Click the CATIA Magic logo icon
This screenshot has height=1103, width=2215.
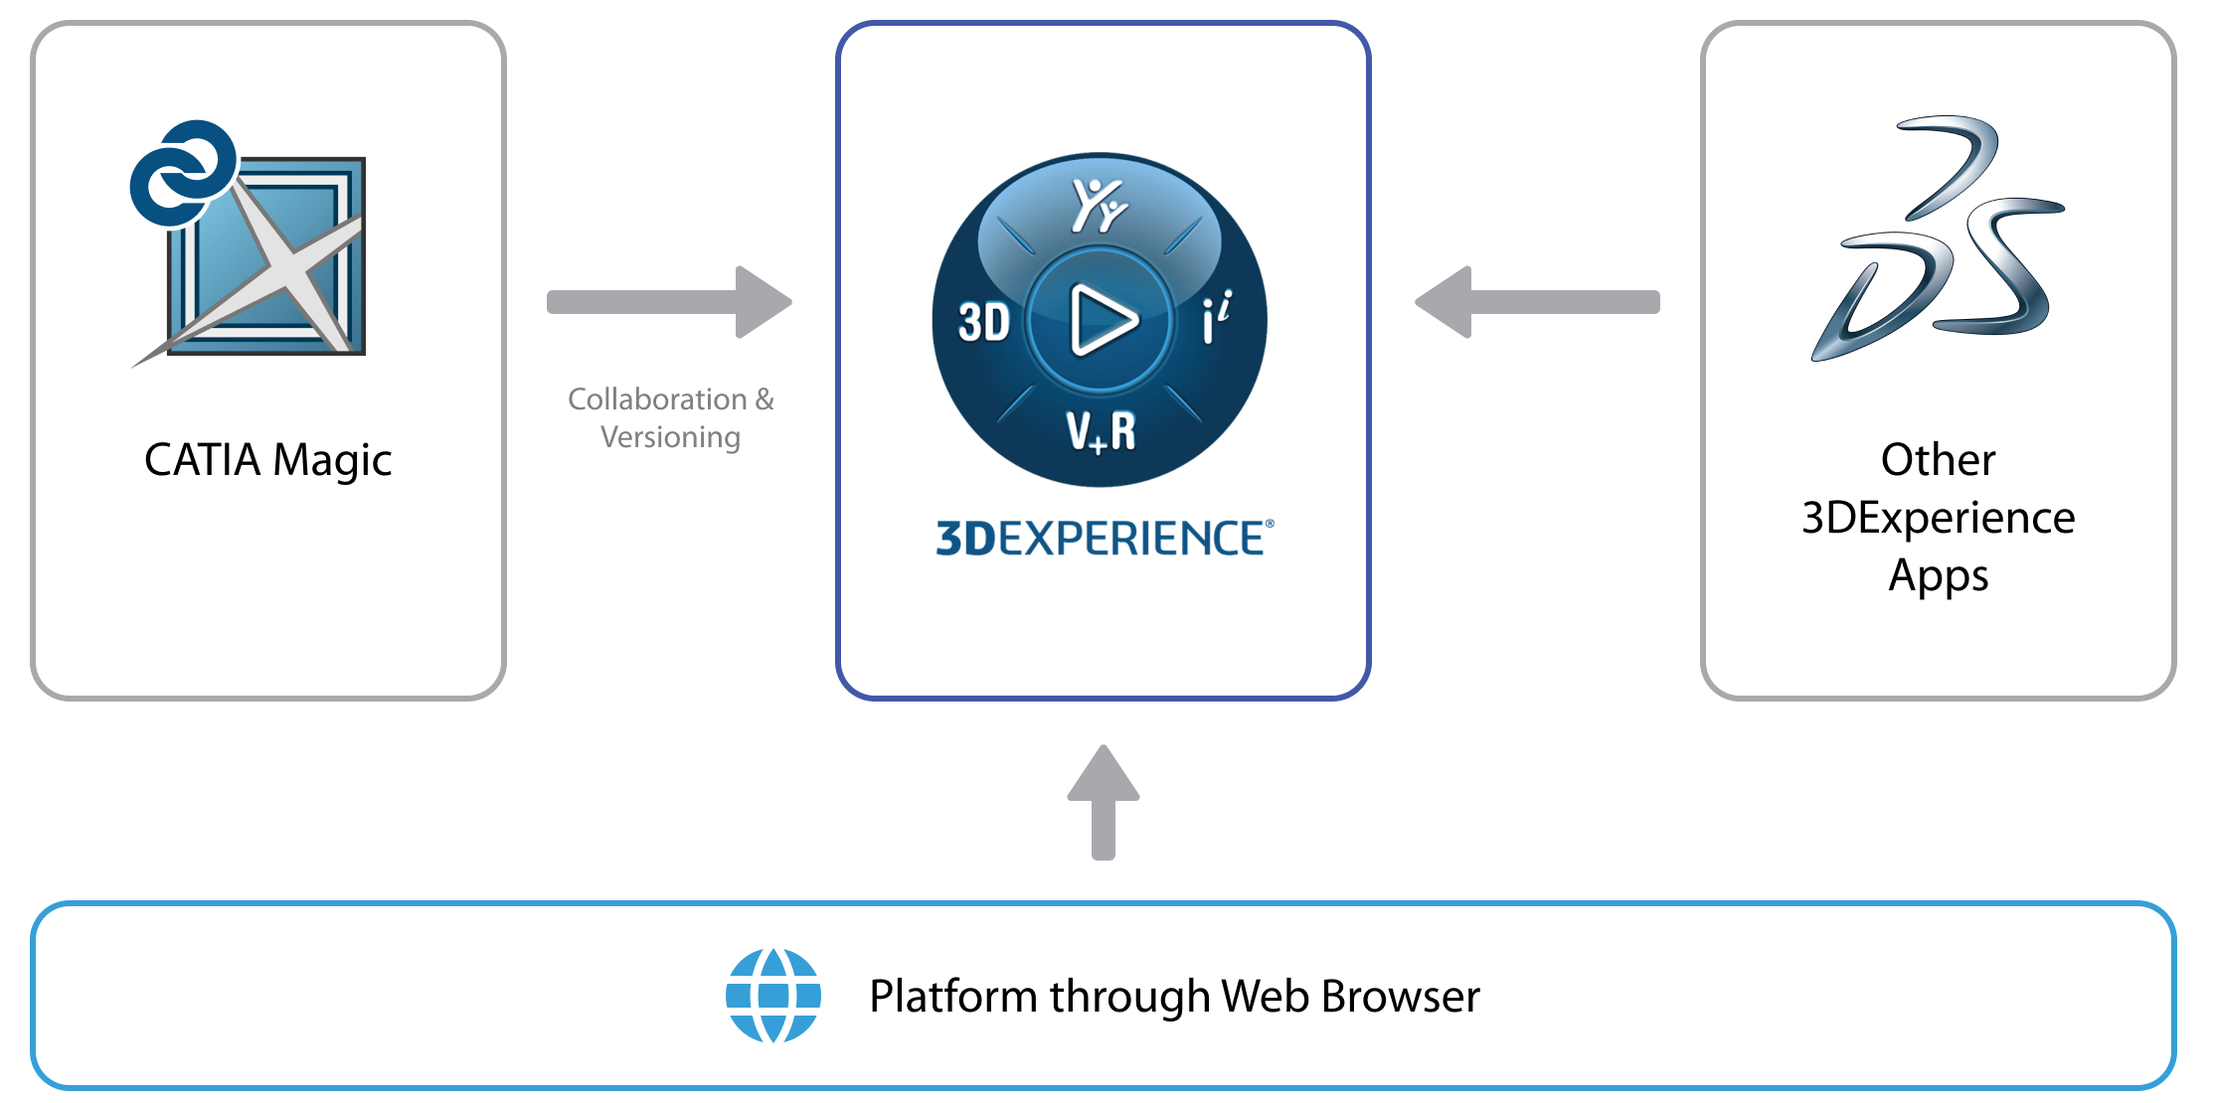click(249, 244)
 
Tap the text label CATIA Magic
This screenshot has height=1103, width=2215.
click(267, 460)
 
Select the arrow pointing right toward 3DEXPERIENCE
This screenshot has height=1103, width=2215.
click(669, 302)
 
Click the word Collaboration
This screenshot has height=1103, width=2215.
click(657, 399)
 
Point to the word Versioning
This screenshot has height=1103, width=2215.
click(670, 437)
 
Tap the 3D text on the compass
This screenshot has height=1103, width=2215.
click(983, 323)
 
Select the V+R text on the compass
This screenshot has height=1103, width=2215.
click(1101, 432)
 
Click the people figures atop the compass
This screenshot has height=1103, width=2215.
click(1099, 204)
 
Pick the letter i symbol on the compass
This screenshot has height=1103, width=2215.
click(1216, 318)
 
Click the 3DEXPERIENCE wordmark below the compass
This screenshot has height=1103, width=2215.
click(1104, 539)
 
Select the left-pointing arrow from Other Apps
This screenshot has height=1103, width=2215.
click(1537, 302)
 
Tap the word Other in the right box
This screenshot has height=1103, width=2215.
click(1938, 460)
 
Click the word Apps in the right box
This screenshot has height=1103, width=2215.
click(1938, 576)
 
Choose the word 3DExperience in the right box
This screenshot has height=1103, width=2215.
click(1938, 518)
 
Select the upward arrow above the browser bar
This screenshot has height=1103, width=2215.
click(1104, 801)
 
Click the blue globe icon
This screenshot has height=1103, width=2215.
click(773, 996)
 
